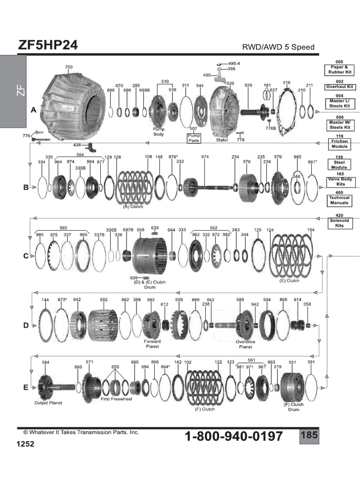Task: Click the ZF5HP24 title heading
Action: tap(48, 45)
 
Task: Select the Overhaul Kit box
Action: tap(339, 87)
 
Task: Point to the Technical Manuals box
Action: tap(339, 201)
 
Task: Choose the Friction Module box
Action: tap(339, 143)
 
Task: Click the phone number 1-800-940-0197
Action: tap(234, 437)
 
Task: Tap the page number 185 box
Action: tap(309, 435)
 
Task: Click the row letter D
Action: tap(26, 325)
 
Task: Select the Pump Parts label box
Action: tap(194, 138)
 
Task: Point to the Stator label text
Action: tap(222, 140)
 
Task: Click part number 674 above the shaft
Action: tap(205, 157)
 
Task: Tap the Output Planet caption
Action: tap(48, 403)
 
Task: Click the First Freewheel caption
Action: tap(117, 399)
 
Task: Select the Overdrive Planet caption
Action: tap(245, 345)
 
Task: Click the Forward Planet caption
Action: tap(152, 345)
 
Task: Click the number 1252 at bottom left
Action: tap(26, 443)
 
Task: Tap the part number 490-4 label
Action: tap(234, 63)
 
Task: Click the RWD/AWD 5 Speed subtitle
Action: tap(278, 47)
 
